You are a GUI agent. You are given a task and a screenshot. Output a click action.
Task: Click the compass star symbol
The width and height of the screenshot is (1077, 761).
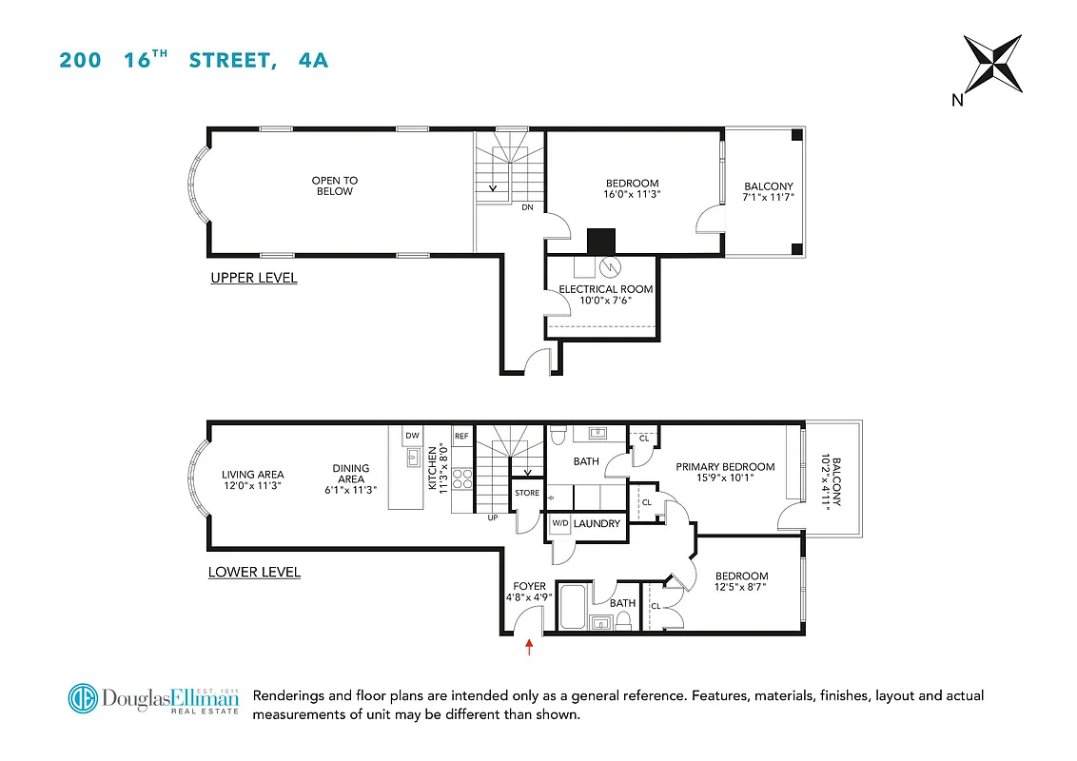992,64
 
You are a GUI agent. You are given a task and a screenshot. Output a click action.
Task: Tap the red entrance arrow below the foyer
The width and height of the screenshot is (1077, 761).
529,648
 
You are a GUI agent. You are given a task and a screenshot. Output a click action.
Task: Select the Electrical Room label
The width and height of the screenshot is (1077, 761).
605,289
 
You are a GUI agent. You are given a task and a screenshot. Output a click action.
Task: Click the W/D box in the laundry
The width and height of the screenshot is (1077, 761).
559,524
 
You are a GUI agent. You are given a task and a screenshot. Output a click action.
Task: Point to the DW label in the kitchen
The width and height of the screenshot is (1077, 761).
412,436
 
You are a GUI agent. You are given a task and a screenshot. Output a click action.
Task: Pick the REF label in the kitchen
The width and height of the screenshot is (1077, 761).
461,436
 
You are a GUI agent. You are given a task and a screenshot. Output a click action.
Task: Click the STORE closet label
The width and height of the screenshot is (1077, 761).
527,493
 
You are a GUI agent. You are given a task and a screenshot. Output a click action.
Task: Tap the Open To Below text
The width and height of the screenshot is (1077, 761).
335,185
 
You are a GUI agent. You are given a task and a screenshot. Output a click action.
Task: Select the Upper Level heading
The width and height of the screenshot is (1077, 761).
254,278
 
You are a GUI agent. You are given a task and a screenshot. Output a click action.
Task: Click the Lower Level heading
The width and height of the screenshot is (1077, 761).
254,572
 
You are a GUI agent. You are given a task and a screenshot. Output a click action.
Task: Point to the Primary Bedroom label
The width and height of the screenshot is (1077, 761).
725,467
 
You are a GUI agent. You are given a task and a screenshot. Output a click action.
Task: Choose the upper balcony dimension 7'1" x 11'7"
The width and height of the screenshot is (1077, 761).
769,197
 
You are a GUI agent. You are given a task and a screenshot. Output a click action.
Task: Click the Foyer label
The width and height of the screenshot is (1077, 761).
529,586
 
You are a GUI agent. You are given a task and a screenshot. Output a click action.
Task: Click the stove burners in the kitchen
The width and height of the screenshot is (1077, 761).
461,478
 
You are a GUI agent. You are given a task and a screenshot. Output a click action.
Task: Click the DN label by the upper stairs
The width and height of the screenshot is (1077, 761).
526,206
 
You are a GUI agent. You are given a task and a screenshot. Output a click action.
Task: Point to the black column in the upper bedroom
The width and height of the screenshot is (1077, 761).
602,241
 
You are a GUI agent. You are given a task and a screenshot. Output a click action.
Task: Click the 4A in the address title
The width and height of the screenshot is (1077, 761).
312,60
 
